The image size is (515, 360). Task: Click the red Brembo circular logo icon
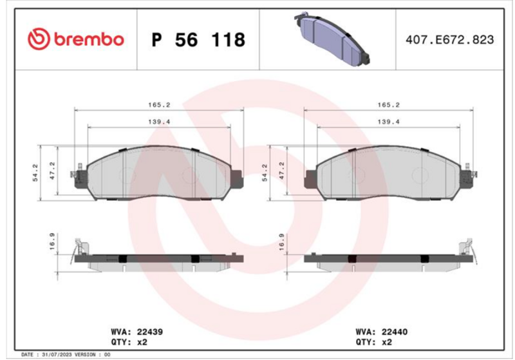(39, 39)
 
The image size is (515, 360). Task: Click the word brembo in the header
(89, 39)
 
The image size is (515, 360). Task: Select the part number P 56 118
(198, 40)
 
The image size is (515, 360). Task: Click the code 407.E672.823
(449, 40)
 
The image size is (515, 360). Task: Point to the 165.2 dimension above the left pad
(159, 105)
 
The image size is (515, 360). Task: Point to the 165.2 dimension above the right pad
(388, 105)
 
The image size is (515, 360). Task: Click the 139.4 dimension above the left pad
(159, 122)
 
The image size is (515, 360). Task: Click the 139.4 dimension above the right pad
(388, 122)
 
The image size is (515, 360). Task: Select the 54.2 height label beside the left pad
(35, 173)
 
